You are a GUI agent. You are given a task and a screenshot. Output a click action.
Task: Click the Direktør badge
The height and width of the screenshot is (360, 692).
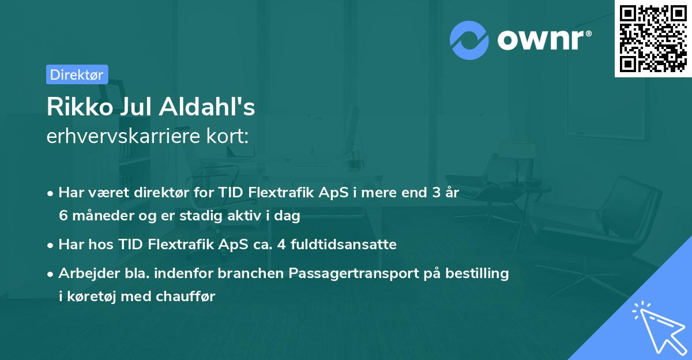pyautogui.click(x=77, y=74)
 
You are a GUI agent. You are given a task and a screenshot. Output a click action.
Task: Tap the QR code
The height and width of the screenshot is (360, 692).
pyautogui.click(x=653, y=38)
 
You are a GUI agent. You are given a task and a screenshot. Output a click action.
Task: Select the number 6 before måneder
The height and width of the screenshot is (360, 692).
pyautogui.click(x=63, y=216)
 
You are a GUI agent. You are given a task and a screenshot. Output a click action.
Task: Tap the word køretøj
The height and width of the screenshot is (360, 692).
pyautogui.click(x=89, y=297)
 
